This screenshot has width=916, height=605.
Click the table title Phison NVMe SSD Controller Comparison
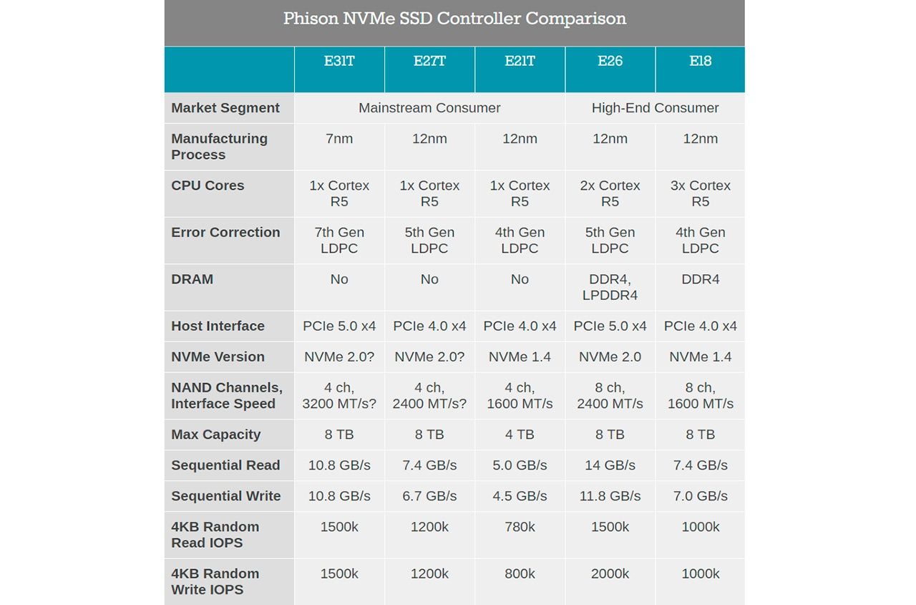click(454, 19)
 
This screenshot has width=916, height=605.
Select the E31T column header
click(339, 62)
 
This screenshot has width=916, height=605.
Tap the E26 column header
click(610, 62)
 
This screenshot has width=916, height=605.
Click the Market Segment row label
click(225, 108)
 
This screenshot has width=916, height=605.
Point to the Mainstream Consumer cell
click(429, 108)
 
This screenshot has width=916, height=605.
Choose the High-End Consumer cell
click(655, 108)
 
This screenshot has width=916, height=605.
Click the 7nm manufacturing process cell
click(339, 139)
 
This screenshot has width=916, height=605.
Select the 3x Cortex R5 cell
click(700, 193)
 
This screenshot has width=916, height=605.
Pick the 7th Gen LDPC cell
click(339, 241)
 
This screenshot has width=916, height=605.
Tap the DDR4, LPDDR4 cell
click(610, 287)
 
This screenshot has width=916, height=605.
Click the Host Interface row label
click(218, 326)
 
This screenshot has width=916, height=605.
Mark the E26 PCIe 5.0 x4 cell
click(610, 326)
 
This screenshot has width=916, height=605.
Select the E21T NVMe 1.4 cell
click(520, 357)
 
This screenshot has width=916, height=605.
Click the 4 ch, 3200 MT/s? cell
click(339, 395)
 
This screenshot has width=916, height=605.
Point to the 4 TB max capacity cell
click(520, 435)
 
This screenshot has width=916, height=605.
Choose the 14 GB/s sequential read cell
click(610, 465)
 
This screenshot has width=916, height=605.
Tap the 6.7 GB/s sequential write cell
click(429, 496)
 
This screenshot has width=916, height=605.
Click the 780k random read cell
click(520, 527)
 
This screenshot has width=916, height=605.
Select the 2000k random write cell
click(610, 573)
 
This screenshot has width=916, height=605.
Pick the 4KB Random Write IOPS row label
click(215, 581)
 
